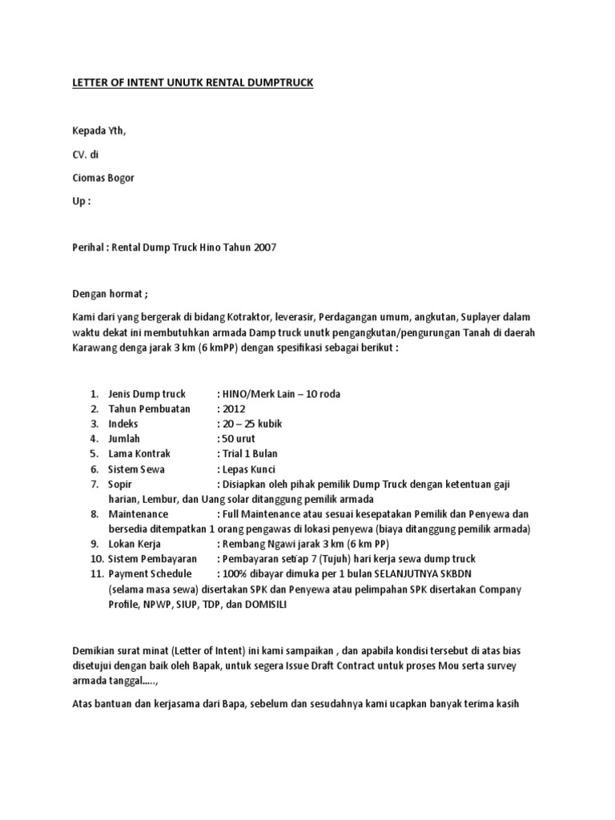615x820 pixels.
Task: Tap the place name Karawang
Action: click(x=93, y=349)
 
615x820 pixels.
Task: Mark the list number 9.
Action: click(x=94, y=544)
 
